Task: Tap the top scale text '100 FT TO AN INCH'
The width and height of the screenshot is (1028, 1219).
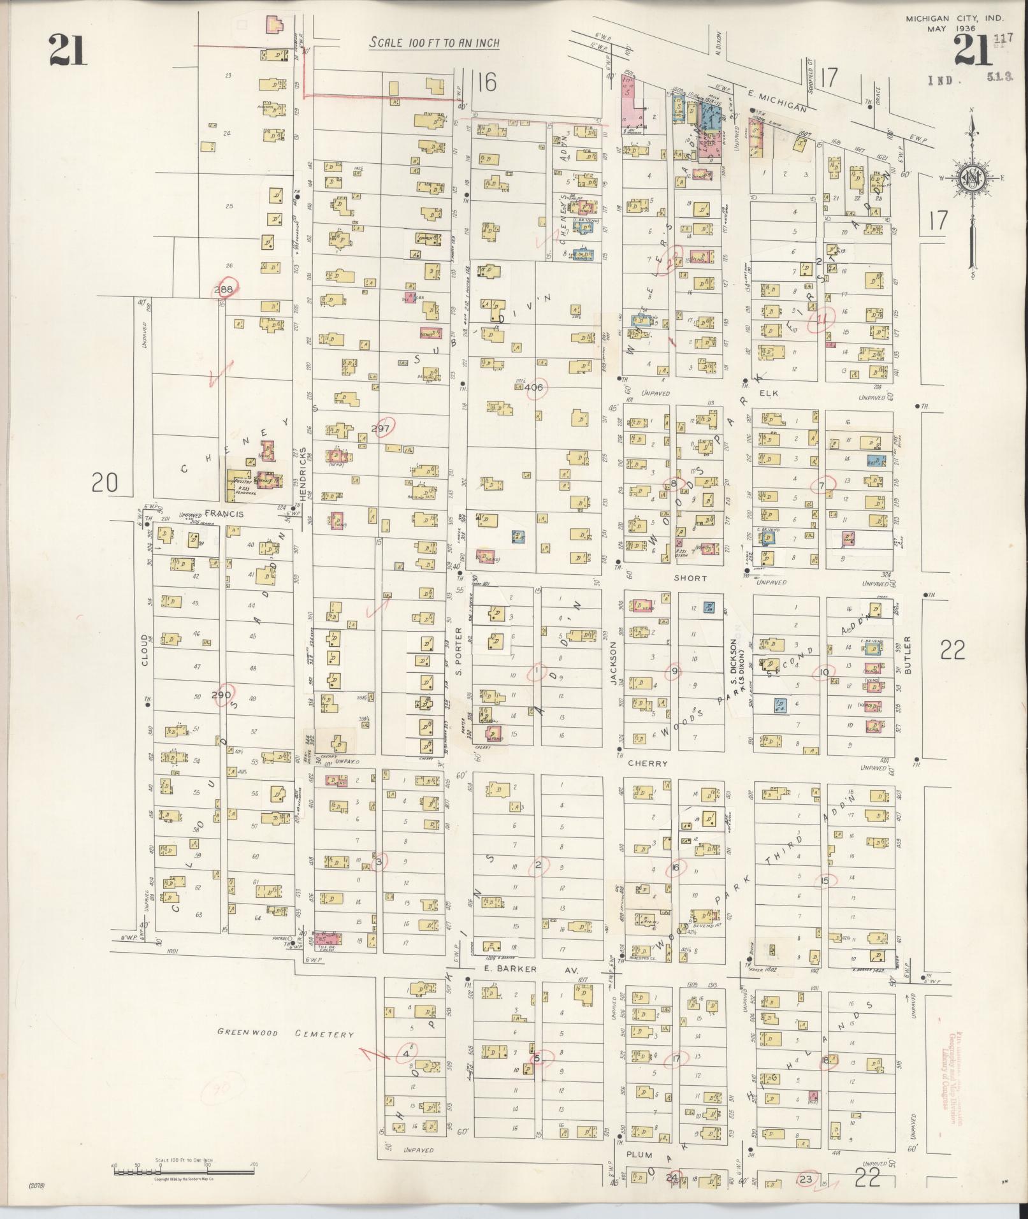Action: pos(435,43)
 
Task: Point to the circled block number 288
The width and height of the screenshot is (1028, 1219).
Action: pos(224,289)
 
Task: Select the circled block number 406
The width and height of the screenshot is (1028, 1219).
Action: pos(534,387)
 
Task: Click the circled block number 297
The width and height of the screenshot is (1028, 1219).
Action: pos(384,428)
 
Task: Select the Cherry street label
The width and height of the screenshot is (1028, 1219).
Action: pos(648,763)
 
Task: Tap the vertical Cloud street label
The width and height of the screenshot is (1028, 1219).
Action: pos(145,650)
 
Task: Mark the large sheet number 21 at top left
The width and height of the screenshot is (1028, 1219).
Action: pos(68,51)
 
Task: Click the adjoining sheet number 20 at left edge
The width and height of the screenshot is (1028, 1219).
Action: pos(105,482)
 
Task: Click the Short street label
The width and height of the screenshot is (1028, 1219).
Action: pos(690,578)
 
